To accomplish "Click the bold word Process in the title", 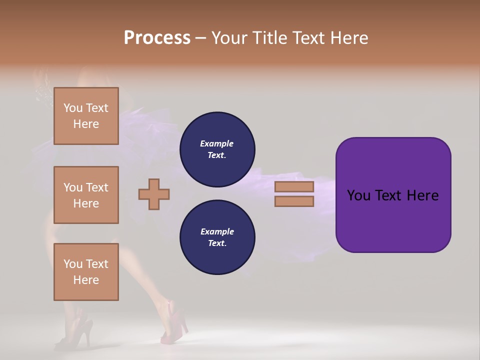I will (157, 38).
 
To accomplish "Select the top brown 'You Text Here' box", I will (86, 116).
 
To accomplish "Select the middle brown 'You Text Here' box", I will (86, 195).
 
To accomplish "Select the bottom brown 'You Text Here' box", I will (86, 272).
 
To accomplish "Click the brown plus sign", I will (154, 194).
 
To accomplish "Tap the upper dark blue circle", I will (217, 149).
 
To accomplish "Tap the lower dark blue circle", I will (217, 237).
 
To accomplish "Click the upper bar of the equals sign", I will (294, 186).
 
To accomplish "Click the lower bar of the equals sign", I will (294, 201).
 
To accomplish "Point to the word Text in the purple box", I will (389, 195).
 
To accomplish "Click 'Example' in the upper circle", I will (216, 143).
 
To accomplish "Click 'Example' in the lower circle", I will (217, 231).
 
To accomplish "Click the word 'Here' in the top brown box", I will (86, 124).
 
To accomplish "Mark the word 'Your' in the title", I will (230, 38).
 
